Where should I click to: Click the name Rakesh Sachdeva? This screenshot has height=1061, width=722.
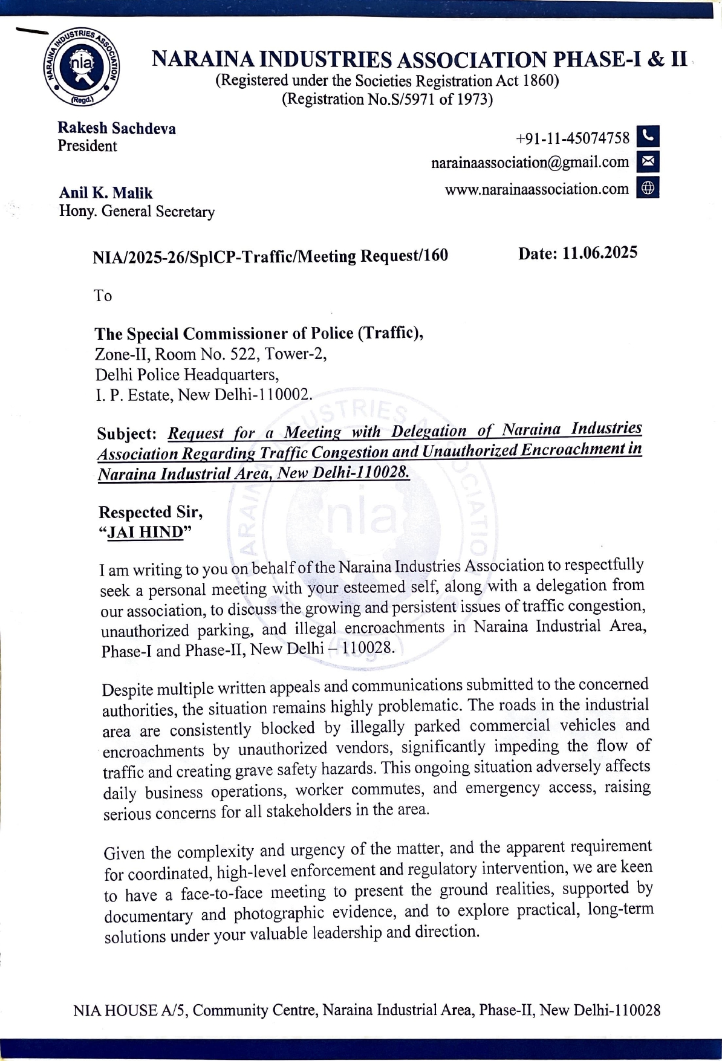(x=116, y=128)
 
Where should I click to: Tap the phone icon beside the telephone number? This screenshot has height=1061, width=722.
(x=648, y=137)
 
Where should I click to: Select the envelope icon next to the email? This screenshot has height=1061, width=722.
(x=648, y=162)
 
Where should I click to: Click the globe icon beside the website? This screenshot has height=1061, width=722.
(x=648, y=189)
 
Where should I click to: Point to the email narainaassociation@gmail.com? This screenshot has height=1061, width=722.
(x=530, y=163)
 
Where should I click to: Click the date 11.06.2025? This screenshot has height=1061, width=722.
(x=599, y=253)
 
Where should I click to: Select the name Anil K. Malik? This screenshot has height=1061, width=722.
(x=106, y=193)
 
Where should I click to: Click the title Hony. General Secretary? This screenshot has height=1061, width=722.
(x=137, y=212)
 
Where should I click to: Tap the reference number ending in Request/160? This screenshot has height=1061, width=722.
(x=270, y=256)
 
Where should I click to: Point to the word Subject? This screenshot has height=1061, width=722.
(x=127, y=434)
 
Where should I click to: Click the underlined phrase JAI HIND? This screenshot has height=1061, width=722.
(x=145, y=533)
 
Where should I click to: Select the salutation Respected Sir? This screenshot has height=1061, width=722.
(x=151, y=513)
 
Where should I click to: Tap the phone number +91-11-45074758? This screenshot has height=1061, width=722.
(x=573, y=138)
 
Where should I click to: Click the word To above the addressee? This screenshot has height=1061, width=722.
(x=103, y=296)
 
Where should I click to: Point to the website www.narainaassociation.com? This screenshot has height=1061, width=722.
(x=537, y=189)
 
